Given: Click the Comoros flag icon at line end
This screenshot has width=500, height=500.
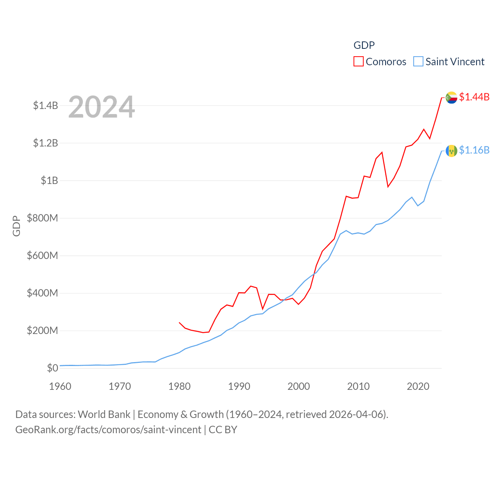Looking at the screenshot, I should (x=452, y=97).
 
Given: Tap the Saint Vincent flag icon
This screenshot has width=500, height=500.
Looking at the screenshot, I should (x=452, y=150).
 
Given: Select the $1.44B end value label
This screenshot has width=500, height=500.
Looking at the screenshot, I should (x=474, y=97).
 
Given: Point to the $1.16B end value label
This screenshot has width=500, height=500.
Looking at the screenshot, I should (x=474, y=150).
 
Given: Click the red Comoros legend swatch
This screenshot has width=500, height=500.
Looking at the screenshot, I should (x=358, y=62).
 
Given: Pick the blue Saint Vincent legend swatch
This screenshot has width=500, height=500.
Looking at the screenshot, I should (x=418, y=62).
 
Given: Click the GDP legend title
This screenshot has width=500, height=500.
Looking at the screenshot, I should (x=364, y=45).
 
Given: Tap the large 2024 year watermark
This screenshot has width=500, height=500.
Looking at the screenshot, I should (x=102, y=107).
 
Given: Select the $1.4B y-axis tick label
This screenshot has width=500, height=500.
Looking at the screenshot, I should (x=45, y=105).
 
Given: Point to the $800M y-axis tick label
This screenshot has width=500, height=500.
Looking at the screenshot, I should (x=42, y=218).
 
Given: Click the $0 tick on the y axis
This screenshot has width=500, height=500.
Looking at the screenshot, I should (x=52, y=368).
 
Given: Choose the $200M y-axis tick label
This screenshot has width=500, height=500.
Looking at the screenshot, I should (x=42, y=330).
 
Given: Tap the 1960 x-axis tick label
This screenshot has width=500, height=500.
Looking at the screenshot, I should (x=60, y=386).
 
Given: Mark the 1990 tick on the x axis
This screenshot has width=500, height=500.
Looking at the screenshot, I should (x=239, y=386).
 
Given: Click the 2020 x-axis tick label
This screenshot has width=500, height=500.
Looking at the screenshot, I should (x=418, y=386).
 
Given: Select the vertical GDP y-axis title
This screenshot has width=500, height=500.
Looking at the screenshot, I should (x=16, y=226).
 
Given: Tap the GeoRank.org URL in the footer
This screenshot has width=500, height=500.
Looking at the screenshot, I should (x=108, y=430).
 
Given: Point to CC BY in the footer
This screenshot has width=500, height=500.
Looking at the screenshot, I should (x=223, y=430).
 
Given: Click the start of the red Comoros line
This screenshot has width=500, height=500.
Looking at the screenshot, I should (x=179, y=323).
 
